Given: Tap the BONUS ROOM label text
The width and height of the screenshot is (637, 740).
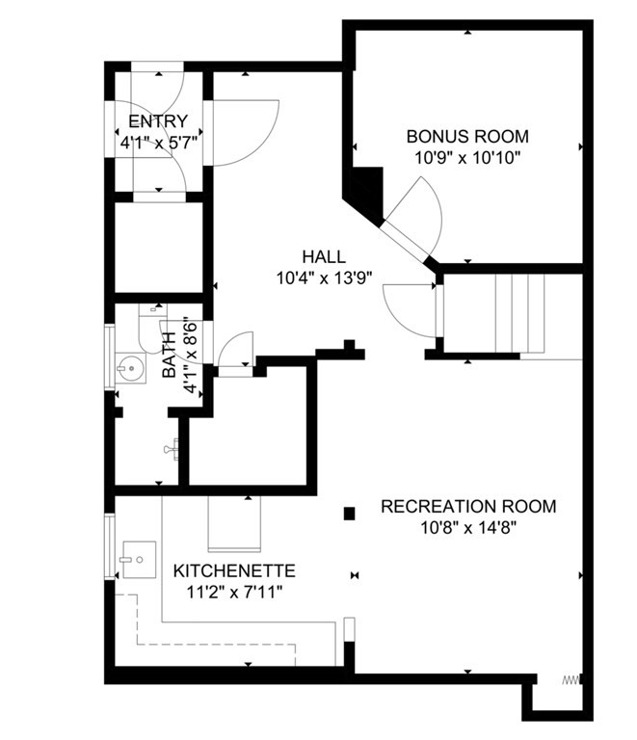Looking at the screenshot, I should tap(466, 137).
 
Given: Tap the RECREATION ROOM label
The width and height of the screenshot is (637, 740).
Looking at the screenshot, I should tap(468, 506).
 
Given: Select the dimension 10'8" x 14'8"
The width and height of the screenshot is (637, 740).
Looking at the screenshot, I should tap(468, 527).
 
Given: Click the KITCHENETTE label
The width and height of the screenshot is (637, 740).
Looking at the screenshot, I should tap(234, 570).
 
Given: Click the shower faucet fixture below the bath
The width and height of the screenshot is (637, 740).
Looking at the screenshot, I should tap(173, 449).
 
